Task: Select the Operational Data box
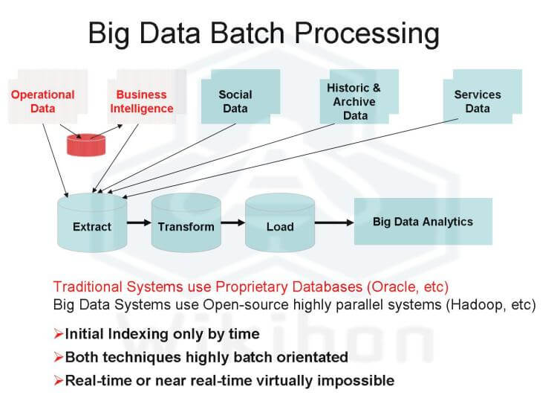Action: pyautogui.click(x=43, y=101)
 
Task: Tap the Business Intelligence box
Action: pyautogui.click(x=142, y=101)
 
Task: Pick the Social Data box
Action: pyautogui.click(x=235, y=101)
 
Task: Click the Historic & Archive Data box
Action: pyautogui.click(x=354, y=100)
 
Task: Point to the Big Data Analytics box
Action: pyautogui.click(x=423, y=222)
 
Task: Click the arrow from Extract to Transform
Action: pyautogui.click(x=139, y=222)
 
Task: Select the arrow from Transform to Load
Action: pyautogui.click(x=232, y=222)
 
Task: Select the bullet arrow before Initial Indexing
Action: pyautogui.click(x=58, y=334)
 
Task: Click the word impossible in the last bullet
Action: pyautogui.click(x=352, y=381)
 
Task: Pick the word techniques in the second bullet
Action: pyautogui.click(x=137, y=357)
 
